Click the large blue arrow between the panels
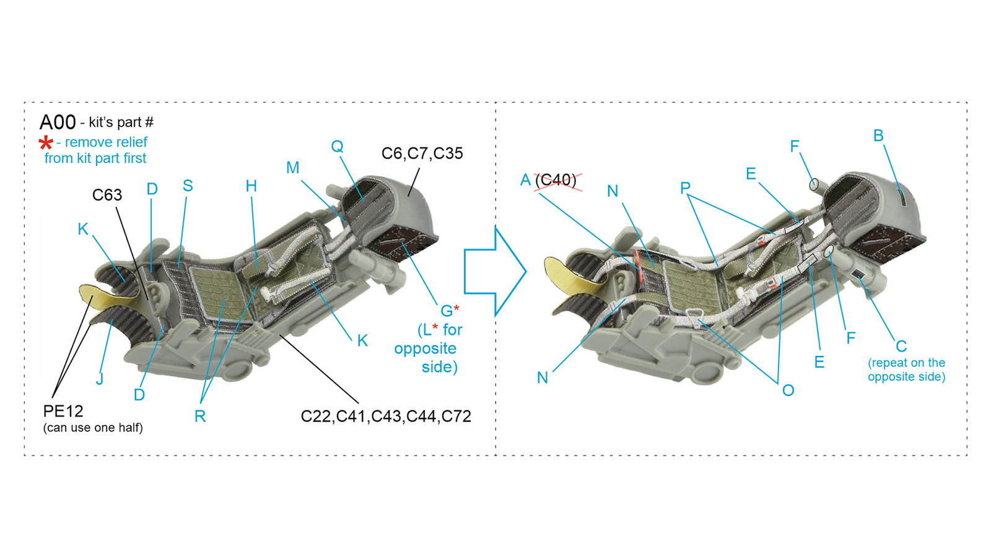[495, 272]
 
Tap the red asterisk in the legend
[46, 143]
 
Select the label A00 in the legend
[58, 122]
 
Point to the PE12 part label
[63, 412]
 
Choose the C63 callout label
[107, 195]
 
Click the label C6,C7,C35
[422, 153]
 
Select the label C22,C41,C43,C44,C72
[386, 417]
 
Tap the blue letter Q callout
[337, 146]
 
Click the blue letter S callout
[188, 186]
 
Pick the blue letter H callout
[251, 186]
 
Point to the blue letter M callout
[293, 168]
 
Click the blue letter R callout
[200, 416]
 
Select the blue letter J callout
[100, 379]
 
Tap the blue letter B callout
[878, 136]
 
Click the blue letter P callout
[685, 188]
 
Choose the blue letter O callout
[788, 391]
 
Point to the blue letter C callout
[901, 346]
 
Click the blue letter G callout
[447, 311]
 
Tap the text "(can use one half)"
[93, 428]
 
